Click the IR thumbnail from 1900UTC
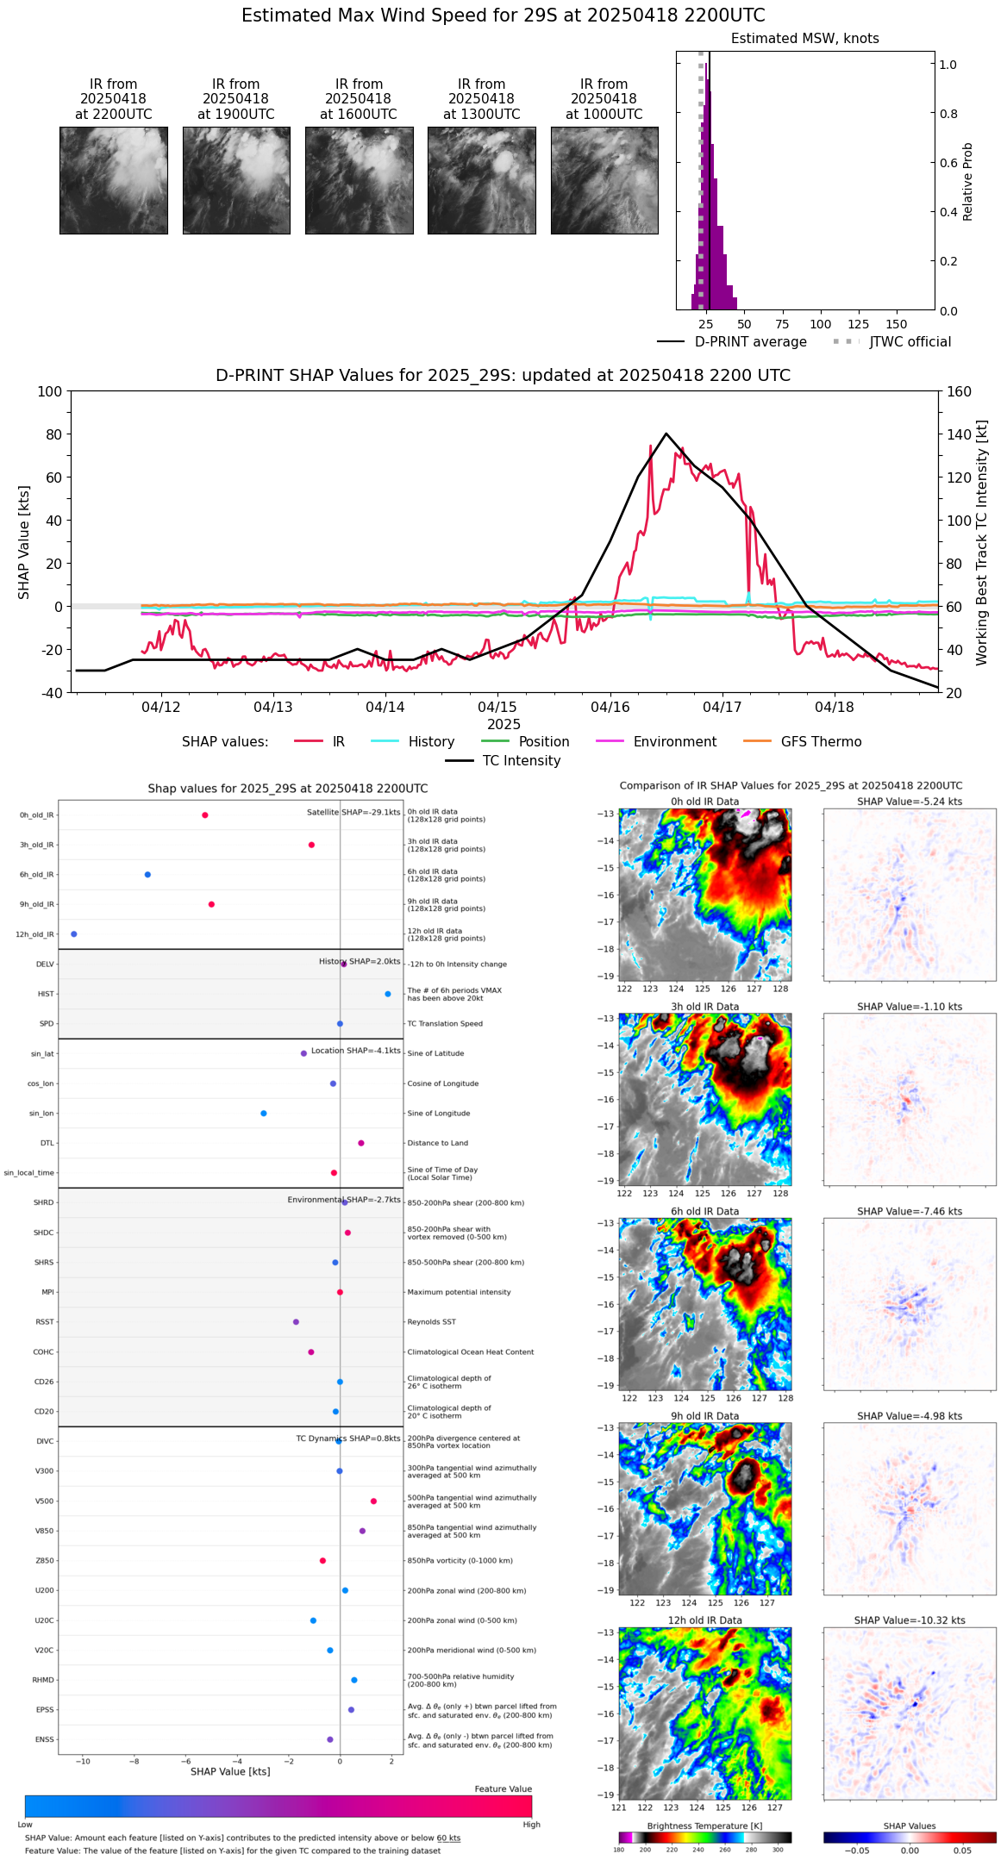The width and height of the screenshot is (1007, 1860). [236, 180]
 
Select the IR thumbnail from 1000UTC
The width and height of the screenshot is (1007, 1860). [604, 180]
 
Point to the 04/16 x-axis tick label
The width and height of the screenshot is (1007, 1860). [610, 708]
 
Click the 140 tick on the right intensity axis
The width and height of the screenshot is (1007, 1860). [959, 434]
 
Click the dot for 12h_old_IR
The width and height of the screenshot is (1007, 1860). [74, 934]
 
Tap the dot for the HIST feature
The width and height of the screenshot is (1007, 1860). [388, 994]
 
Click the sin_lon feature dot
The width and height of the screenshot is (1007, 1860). [264, 1114]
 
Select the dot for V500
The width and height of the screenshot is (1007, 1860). [373, 1501]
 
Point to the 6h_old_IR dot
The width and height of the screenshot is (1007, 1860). [147, 875]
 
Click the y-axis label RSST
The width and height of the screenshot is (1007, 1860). [45, 1322]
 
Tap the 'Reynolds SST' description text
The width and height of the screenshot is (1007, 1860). [431, 1322]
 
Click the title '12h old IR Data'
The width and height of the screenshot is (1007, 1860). [704, 1620]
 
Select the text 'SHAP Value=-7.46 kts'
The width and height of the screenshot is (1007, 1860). [910, 1212]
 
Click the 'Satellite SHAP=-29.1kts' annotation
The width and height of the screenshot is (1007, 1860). [353, 813]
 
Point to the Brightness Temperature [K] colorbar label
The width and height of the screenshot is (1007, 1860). [704, 1826]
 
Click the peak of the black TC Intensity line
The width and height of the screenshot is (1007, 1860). [666, 434]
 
